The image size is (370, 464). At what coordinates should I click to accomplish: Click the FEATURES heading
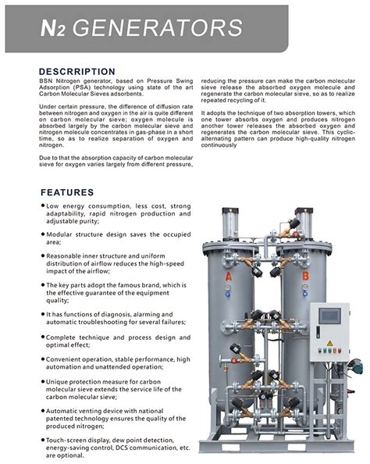[67, 192]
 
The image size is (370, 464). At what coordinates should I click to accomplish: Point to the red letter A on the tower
[229, 277]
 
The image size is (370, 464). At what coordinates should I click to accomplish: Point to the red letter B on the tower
[304, 276]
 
